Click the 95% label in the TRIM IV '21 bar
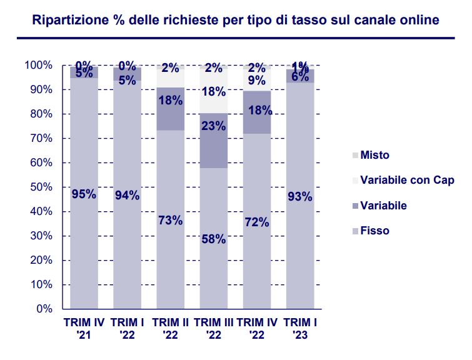pyautogui.click(x=84, y=194)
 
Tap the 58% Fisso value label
pyautogui.click(x=213, y=239)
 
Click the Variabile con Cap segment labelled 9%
pyautogui.click(x=256, y=80)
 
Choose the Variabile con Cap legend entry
pyautogui.click(x=406, y=180)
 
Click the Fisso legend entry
pyautogui.click(x=374, y=231)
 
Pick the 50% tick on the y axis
pyautogui.click(x=38, y=187)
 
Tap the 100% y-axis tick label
pyautogui.click(x=38, y=65)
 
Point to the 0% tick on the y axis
pyautogui.click(x=43, y=309)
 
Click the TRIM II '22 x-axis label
pyautogui.click(x=170, y=329)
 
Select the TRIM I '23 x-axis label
pyautogui.click(x=299, y=329)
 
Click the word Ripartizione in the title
pyautogui.click(x=71, y=20)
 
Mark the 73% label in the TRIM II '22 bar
pyautogui.click(x=170, y=220)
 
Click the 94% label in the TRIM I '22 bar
pyautogui.click(x=127, y=195)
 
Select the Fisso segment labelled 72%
pyautogui.click(x=256, y=222)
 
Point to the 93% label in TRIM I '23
pyautogui.click(x=299, y=197)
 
